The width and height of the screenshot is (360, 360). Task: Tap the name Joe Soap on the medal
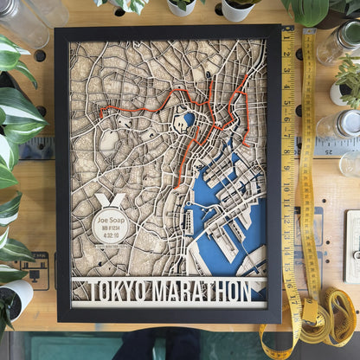tap(110, 221)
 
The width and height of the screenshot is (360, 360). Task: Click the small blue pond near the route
tap(189, 118)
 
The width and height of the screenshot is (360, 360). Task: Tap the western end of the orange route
tap(100, 113)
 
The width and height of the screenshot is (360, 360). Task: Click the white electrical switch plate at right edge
tap(352, 247)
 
